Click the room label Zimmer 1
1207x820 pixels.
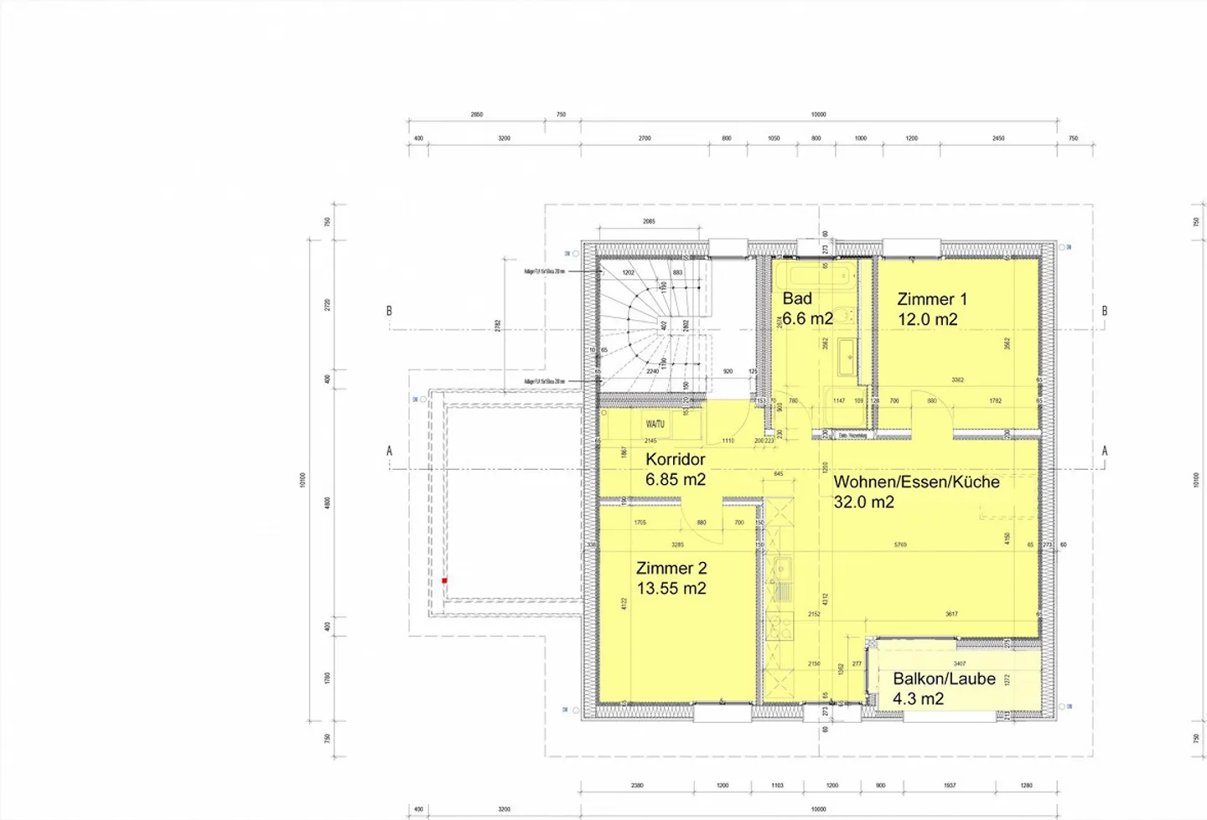click(x=931, y=299)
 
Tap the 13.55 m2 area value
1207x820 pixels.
click(x=671, y=588)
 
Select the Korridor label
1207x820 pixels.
click(x=675, y=459)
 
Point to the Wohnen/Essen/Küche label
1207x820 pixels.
click(x=915, y=482)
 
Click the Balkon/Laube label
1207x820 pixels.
click(x=944, y=678)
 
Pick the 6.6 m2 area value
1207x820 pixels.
click(x=807, y=318)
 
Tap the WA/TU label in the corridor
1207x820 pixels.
click(x=655, y=424)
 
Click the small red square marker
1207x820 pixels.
click(x=444, y=580)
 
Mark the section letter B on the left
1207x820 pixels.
click(x=389, y=311)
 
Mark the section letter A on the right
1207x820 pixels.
click(x=1104, y=451)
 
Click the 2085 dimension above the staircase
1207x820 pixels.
click(x=649, y=222)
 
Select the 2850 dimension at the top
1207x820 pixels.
click(x=476, y=115)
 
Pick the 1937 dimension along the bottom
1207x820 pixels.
click(x=950, y=786)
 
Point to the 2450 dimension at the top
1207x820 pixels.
click(x=998, y=138)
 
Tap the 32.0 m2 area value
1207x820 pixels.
click(x=863, y=502)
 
